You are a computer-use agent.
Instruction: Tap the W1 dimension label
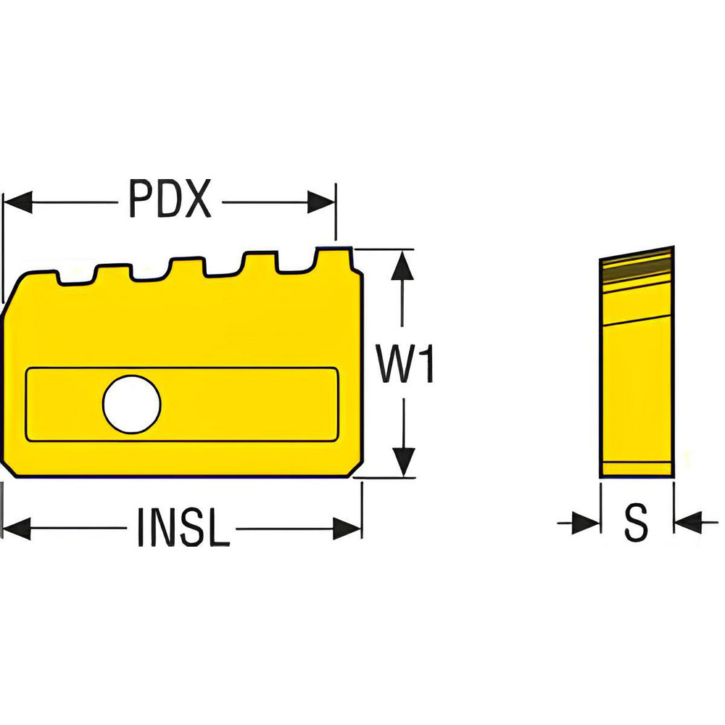click(405, 364)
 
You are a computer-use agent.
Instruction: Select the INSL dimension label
click(183, 529)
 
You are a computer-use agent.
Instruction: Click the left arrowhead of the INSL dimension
click(17, 528)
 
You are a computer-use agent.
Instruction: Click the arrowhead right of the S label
click(688, 523)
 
